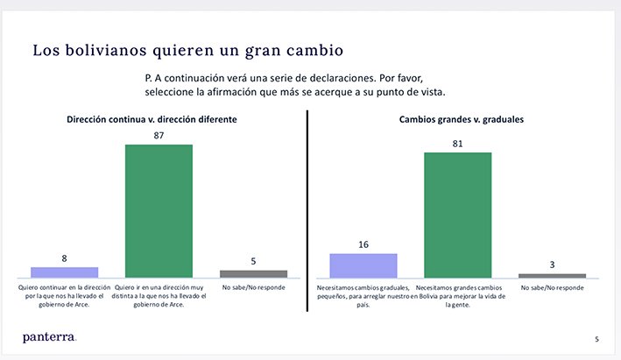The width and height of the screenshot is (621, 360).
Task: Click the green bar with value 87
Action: pos(159,210)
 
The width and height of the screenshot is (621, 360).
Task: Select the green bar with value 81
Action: pos(457,215)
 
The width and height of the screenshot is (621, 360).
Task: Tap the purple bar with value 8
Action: pos(64,272)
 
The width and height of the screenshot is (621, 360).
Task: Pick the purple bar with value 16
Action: pos(363,265)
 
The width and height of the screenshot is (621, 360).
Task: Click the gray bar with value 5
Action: pos(253,273)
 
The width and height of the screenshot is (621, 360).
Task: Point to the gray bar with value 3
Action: pos(552,276)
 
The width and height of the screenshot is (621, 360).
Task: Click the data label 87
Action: pos(159,136)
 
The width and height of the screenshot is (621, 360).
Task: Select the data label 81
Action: pos(457,144)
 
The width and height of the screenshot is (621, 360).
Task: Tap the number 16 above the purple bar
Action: pos(363,245)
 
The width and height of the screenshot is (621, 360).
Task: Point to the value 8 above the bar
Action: pos(64,259)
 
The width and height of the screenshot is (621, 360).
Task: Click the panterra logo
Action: pos(50,336)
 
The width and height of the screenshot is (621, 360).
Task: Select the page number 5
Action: pos(597,339)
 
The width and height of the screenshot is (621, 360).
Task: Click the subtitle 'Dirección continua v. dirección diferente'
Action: pos(152,119)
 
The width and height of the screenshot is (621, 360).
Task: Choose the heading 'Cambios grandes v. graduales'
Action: pos(456,119)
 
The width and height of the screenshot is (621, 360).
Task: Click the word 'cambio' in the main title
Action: pos(308,49)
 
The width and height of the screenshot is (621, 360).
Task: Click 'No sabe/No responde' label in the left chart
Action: pos(253,286)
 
